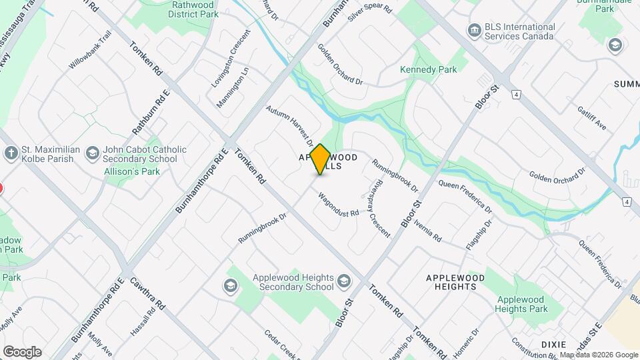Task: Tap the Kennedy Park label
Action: [427, 69]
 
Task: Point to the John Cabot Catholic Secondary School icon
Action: [93, 154]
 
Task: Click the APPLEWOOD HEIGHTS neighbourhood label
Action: [451, 281]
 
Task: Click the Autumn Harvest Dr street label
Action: [289, 125]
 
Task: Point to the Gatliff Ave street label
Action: [591, 117]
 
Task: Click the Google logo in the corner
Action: [22, 351]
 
